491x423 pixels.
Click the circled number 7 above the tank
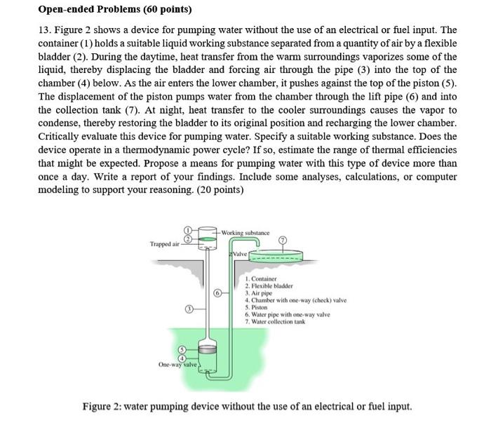[x=283, y=240]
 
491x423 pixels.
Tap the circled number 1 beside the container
[x=187, y=230]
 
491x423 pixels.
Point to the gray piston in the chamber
[x=206, y=349]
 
